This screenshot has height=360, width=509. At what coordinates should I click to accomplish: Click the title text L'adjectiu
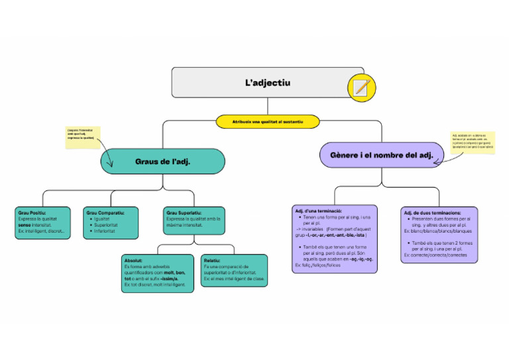267,83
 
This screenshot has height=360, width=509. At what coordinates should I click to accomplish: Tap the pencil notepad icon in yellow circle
361,88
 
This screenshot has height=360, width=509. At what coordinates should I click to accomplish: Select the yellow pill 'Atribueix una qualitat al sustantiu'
267,122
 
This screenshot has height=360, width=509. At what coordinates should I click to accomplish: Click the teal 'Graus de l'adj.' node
162,161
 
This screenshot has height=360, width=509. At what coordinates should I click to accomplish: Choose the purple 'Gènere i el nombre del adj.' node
381,155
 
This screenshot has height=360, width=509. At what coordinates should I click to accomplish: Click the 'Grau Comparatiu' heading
104,212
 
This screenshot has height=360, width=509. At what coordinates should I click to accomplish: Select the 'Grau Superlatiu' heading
185,212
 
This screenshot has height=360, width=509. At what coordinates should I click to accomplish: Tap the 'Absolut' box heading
134,261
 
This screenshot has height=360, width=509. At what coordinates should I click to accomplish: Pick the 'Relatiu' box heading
213,261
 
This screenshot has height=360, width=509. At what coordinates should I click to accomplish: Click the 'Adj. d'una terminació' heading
318,210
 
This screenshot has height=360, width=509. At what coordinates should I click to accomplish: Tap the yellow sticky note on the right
473,142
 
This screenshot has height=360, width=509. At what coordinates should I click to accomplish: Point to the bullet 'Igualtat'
102,219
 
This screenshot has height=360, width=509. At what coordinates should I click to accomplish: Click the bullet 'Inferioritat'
106,231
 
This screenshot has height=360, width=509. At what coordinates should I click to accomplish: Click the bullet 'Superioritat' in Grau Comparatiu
107,225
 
